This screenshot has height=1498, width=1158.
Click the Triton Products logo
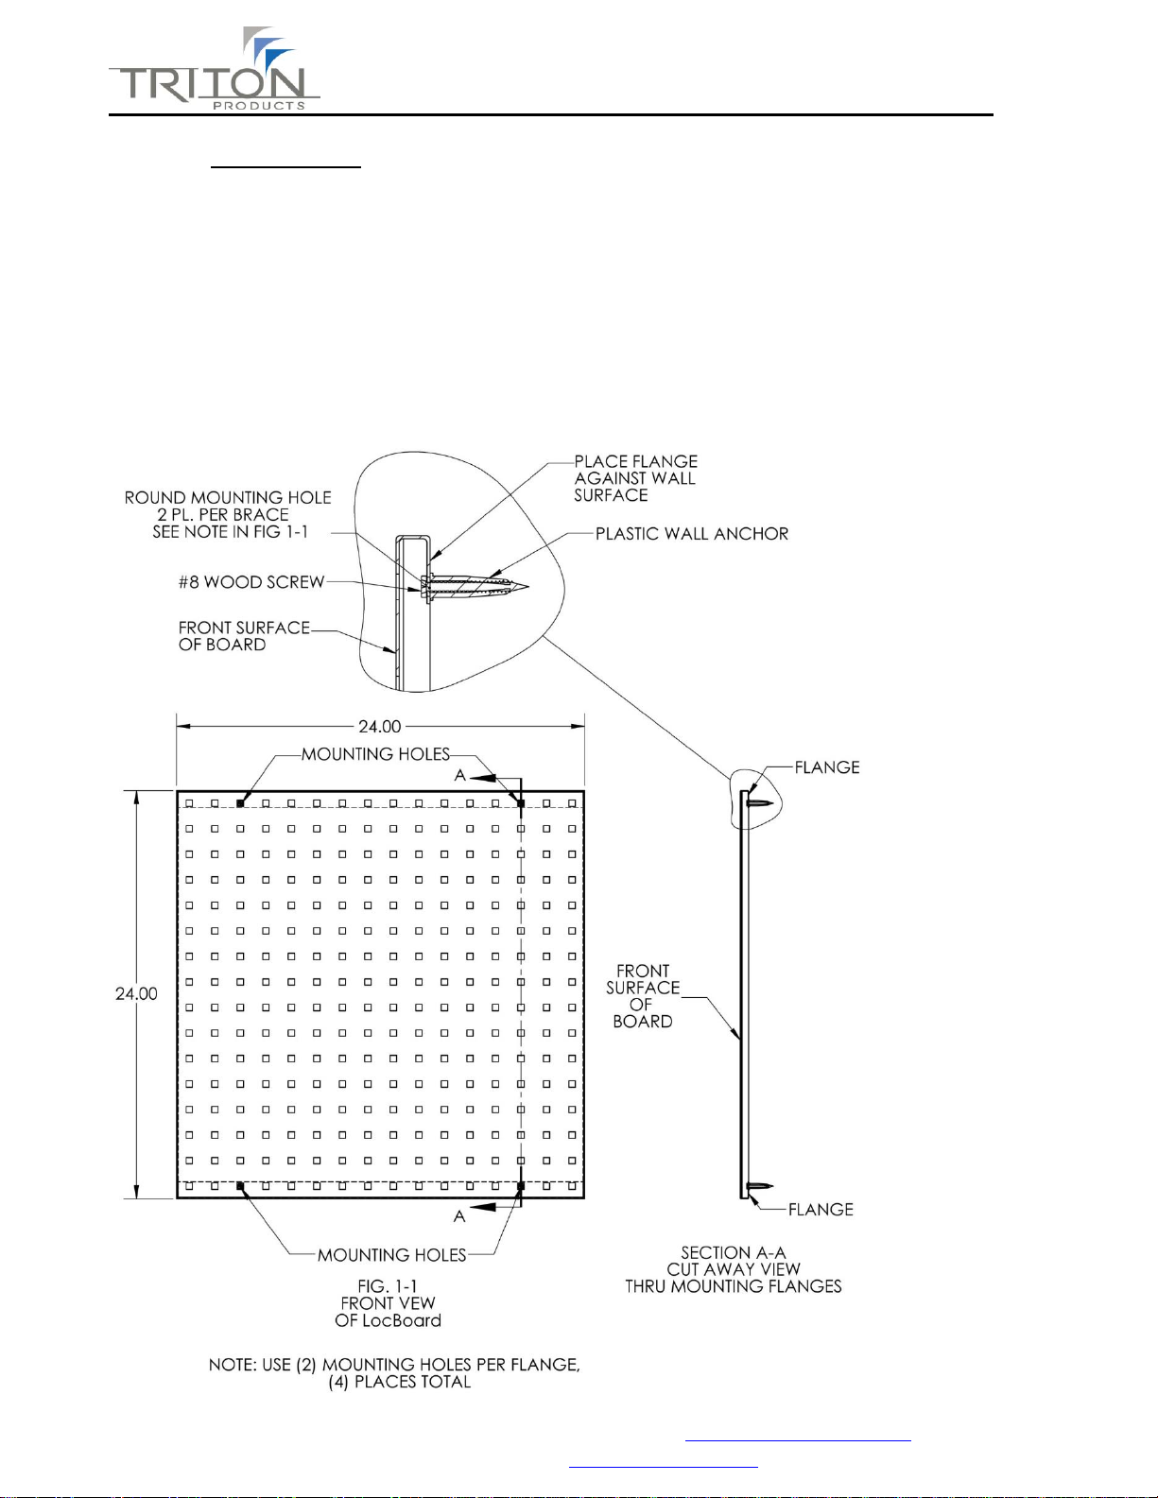(215, 72)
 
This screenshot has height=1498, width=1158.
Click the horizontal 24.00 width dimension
(379, 726)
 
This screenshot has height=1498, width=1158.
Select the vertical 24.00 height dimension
(136, 993)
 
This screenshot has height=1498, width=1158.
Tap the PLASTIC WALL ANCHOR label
(691, 534)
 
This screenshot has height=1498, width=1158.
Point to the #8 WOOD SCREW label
(251, 582)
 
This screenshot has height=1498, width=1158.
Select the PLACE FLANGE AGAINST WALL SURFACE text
(635, 478)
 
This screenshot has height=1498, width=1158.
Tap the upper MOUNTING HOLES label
(375, 754)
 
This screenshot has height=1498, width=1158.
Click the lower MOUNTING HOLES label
(391, 1255)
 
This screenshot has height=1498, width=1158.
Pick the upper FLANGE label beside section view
(826, 767)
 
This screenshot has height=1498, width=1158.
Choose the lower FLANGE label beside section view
(820, 1210)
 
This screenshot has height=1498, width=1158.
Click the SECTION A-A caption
(733, 1269)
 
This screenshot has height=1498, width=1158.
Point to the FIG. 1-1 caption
(388, 1303)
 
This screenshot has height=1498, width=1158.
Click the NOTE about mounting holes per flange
(394, 1373)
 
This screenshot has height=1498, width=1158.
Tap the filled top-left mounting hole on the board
(240, 802)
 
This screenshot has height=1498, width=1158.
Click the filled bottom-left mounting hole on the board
(240, 1185)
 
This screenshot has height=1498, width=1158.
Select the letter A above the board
(460, 776)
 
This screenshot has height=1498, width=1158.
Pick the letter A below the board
(459, 1216)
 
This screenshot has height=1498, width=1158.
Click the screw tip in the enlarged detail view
(524, 587)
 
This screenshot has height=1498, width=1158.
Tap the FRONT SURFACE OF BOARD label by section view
(643, 996)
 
